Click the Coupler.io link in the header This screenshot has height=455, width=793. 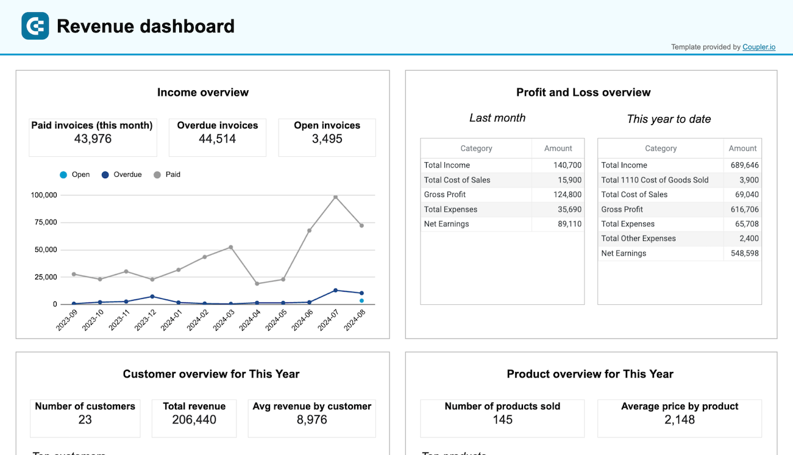pyautogui.click(x=759, y=47)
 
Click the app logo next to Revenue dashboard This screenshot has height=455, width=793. pyautogui.click(x=35, y=26)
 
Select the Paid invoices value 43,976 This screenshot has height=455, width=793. pyautogui.click(x=92, y=139)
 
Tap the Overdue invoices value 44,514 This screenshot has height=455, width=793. pyautogui.click(x=218, y=139)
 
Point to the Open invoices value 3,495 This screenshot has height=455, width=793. pyautogui.click(x=327, y=139)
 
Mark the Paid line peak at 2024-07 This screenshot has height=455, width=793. pyautogui.click(x=335, y=197)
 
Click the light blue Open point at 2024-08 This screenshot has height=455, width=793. pyautogui.click(x=361, y=301)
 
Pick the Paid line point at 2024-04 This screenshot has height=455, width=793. pyautogui.click(x=257, y=284)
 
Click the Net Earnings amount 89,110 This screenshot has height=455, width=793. pyautogui.click(x=569, y=224)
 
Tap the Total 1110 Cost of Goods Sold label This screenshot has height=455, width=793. pyautogui.click(x=655, y=180)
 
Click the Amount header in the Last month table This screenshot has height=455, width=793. pyautogui.click(x=558, y=148)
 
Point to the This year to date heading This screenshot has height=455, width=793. pyautogui.click(x=669, y=119)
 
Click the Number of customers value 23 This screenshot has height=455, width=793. pyautogui.click(x=85, y=420)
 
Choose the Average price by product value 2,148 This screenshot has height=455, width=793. pyautogui.click(x=679, y=420)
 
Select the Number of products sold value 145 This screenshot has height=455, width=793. pyautogui.click(x=502, y=420)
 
